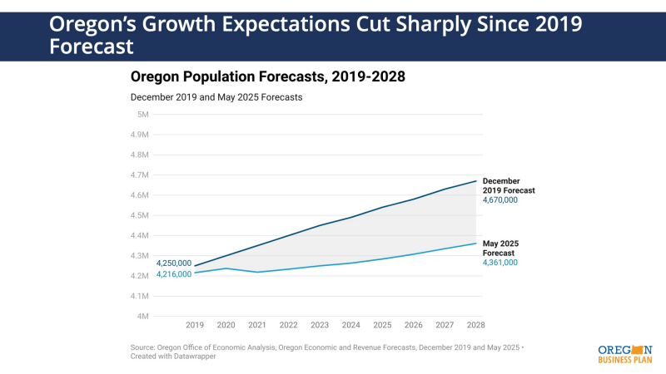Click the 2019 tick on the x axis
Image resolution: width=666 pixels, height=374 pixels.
[195, 325]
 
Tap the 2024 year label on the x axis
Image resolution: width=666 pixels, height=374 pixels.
[351, 325]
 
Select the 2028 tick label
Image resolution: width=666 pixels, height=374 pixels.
[476, 325]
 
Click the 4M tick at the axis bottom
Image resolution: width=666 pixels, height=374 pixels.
[143, 316]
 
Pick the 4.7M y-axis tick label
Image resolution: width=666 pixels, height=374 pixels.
[139, 175]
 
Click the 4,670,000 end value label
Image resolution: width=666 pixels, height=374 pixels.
[500, 200]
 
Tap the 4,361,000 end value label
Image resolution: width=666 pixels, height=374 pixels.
[500, 263]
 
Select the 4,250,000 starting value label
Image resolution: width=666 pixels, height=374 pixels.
[174, 263]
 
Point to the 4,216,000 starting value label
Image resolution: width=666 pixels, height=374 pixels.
[174, 274]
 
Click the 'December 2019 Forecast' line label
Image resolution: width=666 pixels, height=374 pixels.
[509, 185]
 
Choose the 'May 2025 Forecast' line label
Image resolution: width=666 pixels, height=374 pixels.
[501, 248]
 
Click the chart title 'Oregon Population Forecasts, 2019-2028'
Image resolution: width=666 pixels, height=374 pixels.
[267, 77]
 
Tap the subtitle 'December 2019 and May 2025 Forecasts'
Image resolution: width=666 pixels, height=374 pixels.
[216, 97]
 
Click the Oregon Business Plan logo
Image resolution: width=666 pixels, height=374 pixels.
[625, 353]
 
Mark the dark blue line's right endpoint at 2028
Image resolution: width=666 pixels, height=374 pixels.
[476, 180]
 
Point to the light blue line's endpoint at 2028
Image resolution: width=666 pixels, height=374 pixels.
[476, 243]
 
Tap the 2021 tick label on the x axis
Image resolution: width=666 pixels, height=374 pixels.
[257, 325]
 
